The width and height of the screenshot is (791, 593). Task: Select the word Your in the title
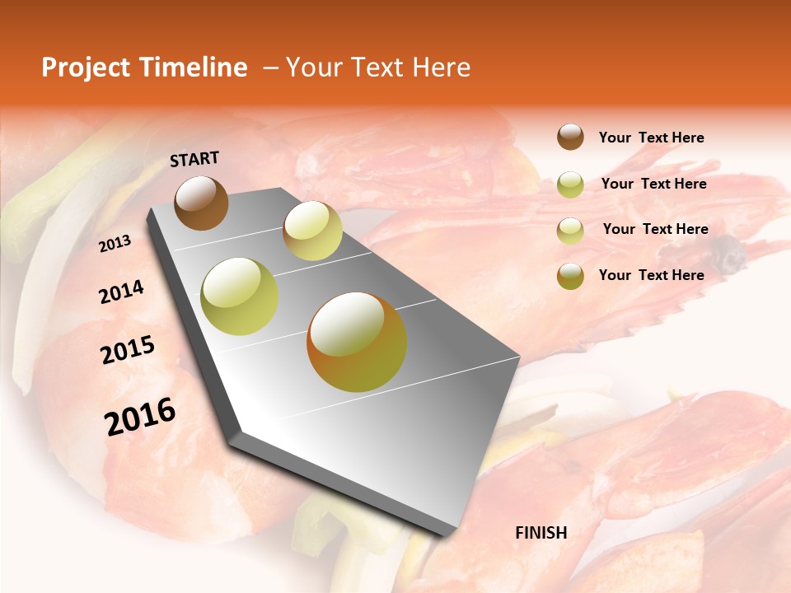point(313,68)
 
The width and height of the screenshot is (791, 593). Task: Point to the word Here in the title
point(441,68)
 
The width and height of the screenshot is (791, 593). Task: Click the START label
point(194,159)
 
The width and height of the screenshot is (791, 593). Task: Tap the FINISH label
point(541,533)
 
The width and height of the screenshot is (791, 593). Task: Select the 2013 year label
point(115,244)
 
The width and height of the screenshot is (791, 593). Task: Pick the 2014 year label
point(121,292)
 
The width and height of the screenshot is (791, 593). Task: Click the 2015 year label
point(128,350)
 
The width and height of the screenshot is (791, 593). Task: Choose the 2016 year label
point(140,417)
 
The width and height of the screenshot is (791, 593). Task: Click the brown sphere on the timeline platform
point(201,203)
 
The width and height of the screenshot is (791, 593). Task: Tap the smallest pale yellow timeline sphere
point(312,231)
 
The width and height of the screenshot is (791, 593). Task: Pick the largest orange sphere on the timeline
point(357,342)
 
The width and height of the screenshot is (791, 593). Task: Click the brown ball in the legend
point(570,138)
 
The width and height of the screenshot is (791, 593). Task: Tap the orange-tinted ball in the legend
point(570,276)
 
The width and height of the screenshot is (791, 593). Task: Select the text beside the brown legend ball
point(651,138)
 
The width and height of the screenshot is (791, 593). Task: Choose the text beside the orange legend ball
point(651,275)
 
